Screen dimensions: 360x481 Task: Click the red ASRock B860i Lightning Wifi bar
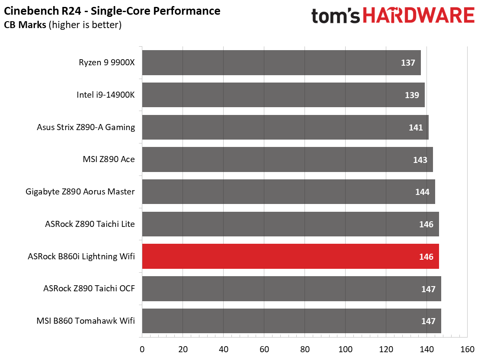[290, 256]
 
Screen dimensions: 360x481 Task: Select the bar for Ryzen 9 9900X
[281, 63]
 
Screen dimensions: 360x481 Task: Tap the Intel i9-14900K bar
[283, 95]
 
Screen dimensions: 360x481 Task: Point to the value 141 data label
[416, 127]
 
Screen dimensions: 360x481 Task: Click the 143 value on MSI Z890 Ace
[420, 160]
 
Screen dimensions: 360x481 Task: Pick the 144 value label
[422, 192]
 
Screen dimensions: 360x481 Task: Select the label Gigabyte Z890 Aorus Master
[80, 191]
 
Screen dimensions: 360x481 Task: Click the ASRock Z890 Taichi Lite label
[90, 224]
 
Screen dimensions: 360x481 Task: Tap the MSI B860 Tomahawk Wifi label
[86, 321]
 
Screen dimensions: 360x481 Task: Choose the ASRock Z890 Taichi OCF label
[89, 288]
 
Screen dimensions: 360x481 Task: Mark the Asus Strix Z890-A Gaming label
[86, 127]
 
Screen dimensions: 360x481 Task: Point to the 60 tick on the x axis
[264, 349]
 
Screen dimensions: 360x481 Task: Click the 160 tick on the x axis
[467, 349]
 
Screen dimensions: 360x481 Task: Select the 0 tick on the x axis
[142, 349]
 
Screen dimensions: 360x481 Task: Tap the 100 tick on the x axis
[345, 349]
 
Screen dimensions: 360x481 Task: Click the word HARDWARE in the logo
[418, 16]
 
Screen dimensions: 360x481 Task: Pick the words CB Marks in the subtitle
[25, 25]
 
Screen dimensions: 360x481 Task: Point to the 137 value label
[408, 63]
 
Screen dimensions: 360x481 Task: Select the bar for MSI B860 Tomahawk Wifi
[291, 321]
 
